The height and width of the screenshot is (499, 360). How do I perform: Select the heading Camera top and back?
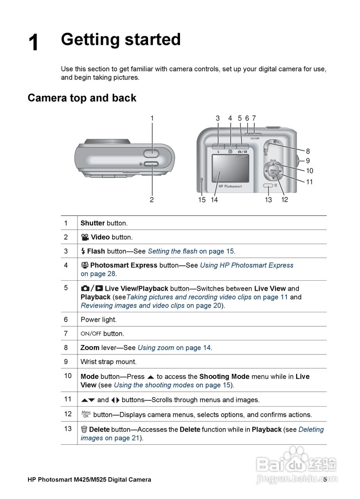coord(82,98)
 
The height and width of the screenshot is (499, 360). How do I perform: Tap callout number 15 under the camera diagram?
coord(202,200)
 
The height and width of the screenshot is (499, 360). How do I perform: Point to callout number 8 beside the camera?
coord(308,151)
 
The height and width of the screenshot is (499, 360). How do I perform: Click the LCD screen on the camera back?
coord(230,168)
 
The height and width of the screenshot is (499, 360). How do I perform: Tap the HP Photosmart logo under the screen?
coord(230,186)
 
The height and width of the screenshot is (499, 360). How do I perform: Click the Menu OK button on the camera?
coord(273,171)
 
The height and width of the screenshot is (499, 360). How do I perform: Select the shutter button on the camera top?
coord(152,153)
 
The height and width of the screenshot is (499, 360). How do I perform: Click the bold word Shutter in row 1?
coord(92,223)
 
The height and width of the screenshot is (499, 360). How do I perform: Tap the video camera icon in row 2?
coord(85,237)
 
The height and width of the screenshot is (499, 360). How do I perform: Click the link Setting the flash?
coord(172,251)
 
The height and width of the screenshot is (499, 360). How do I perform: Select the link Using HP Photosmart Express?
coord(246,265)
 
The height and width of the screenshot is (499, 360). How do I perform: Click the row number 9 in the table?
coord(66,361)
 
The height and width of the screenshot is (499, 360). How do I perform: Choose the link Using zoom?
coord(155,347)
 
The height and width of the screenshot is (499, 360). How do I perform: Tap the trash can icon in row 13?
coord(84,429)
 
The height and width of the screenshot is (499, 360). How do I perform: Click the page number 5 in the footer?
coord(325,480)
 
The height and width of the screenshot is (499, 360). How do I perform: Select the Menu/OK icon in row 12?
coord(86,414)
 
